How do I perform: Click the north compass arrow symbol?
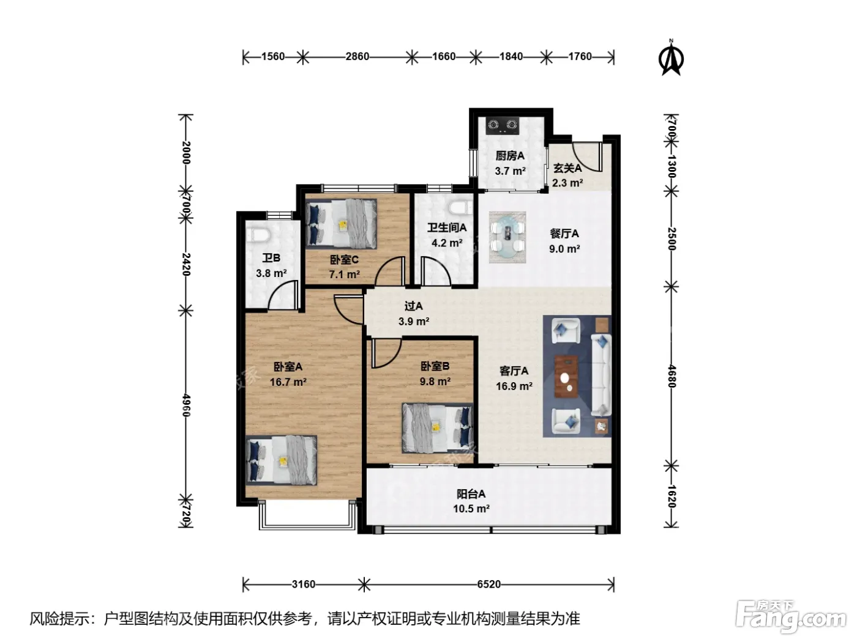671,59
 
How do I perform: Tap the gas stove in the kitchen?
503,125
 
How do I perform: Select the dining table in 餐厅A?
507,237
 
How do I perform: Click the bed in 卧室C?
341,223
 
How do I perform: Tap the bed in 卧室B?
437,428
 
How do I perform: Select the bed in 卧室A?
281,460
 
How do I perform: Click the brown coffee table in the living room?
566,376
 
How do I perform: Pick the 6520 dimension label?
488,585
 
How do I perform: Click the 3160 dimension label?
304,585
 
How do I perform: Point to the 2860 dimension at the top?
357,57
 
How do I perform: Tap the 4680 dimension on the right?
672,376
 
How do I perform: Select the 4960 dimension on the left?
186,405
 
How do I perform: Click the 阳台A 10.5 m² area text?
471,501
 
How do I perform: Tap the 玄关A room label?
567,168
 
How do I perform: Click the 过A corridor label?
413,306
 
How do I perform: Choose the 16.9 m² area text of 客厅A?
514,386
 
